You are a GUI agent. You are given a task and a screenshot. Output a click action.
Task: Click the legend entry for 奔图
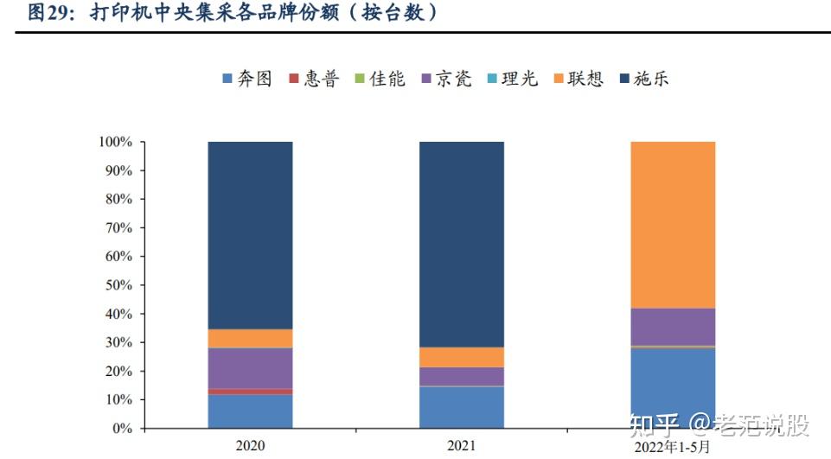(x=247, y=79)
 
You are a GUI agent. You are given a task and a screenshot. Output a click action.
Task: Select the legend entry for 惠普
(x=314, y=79)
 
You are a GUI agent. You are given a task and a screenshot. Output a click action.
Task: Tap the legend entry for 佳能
(x=380, y=79)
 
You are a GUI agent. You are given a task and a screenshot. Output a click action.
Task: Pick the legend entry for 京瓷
(x=446, y=79)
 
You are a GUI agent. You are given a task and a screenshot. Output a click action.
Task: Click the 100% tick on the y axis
(x=114, y=142)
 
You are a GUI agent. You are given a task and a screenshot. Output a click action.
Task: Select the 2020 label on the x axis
(x=250, y=445)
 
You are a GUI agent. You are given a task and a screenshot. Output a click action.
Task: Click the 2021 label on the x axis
(x=462, y=445)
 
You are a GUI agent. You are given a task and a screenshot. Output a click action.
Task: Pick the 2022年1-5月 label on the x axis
(x=673, y=445)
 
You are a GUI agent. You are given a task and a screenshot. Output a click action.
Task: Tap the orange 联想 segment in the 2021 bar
(x=462, y=357)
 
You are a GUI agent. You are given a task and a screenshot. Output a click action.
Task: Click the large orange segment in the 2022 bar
(x=673, y=225)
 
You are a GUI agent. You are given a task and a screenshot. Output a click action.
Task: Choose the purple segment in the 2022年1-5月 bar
(x=673, y=327)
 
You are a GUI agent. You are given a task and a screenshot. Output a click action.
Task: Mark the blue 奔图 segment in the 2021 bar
(x=462, y=407)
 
